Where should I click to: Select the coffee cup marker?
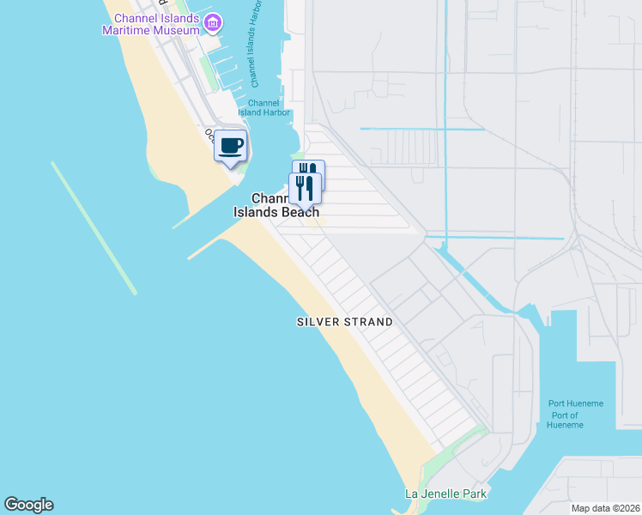230,146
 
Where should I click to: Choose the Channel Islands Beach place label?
276,205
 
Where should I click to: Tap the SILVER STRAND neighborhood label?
344,322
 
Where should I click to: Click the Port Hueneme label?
576,404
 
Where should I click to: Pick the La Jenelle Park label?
445,494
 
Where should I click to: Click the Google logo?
28,505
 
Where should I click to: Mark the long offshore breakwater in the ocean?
94,227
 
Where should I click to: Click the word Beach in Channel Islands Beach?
300,212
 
